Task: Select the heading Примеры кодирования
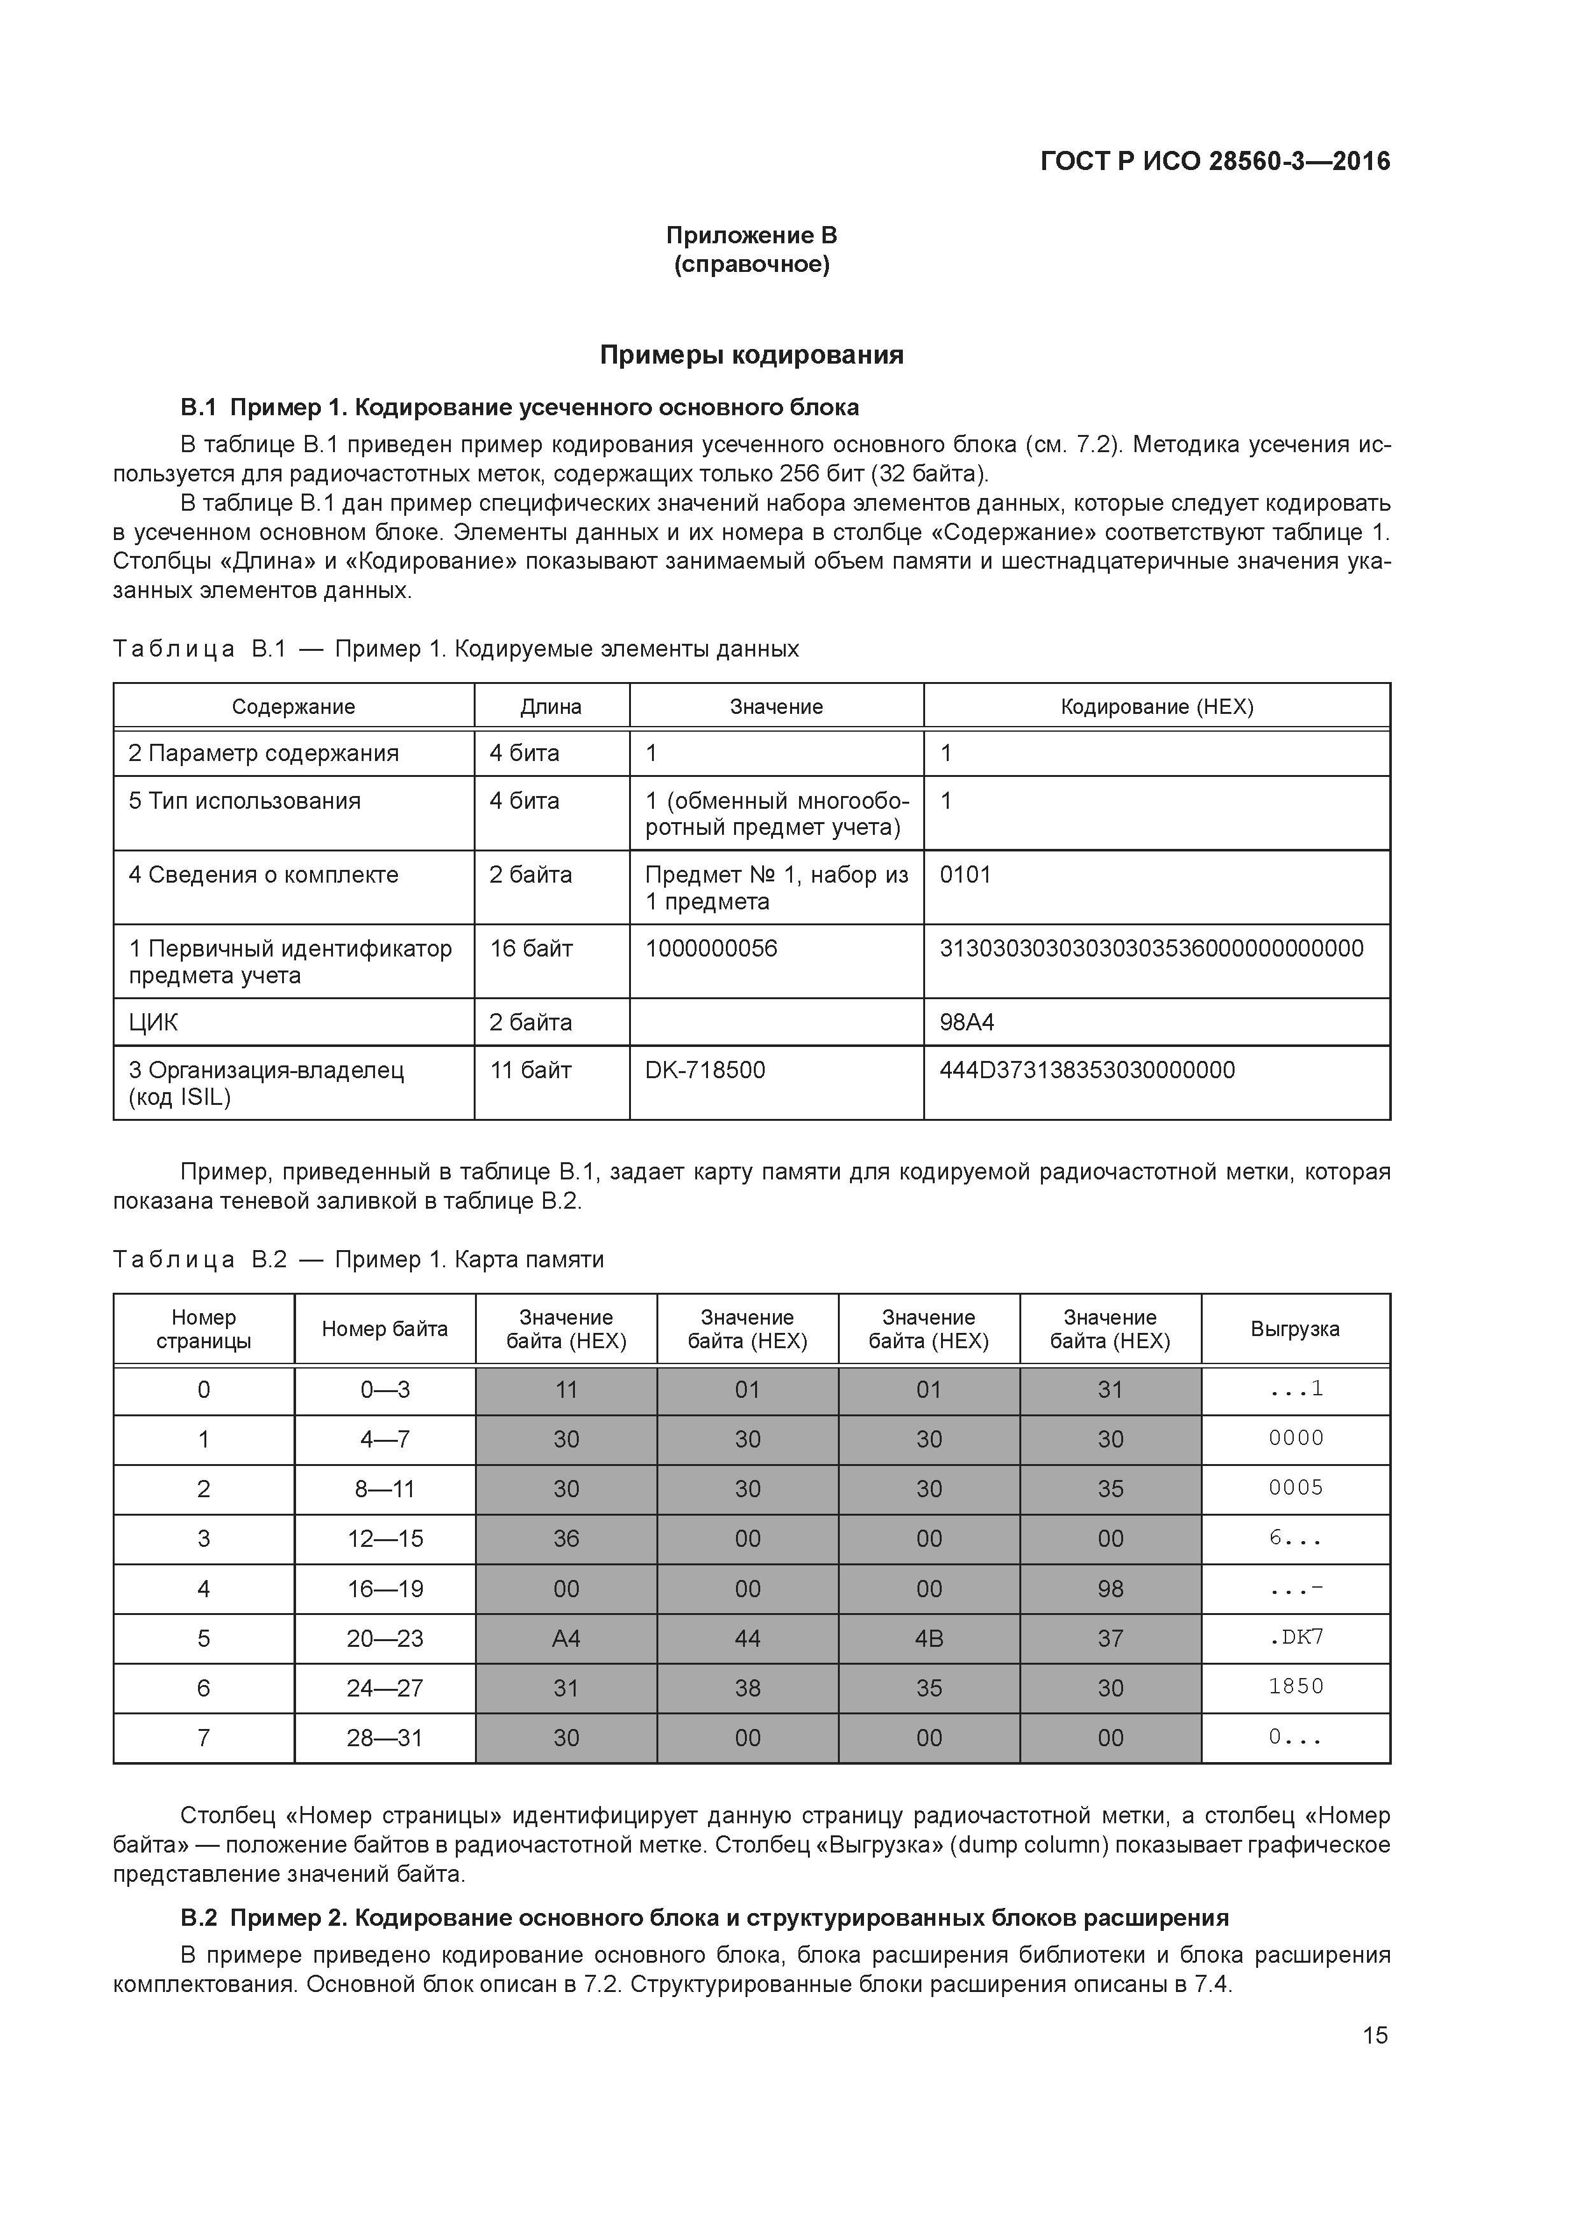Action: click(x=751, y=355)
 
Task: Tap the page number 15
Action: click(x=1375, y=2035)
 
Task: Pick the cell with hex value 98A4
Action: click(x=967, y=1023)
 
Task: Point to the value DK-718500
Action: click(x=704, y=1071)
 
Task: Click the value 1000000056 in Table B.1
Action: click(x=711, y=949)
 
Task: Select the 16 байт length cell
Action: click(x=531, y=949)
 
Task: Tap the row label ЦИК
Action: click(x=153, y=1023)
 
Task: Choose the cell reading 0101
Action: click(x=965, y=875)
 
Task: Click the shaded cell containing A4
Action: click(x=566, y=1639)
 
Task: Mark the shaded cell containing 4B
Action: click(x=928, y=1639)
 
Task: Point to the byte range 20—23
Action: click(x=385, y=1639)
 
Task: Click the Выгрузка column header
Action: click(x=1295, y=1329)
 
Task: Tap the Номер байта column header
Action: click(x=385, y=1329)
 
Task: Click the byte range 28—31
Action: click(x=385, y=1738)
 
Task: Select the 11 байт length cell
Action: click(x=531, y=1071)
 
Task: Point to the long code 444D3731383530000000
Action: click(x=1087, y=1071)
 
